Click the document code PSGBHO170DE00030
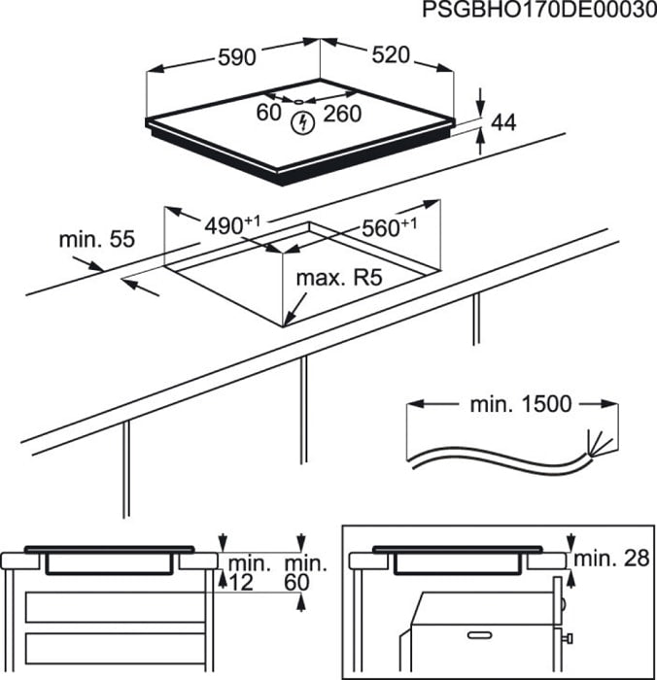534,11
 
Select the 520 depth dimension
391,56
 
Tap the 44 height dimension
503,122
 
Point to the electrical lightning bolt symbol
303,123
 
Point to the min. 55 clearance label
95,238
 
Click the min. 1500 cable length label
532,403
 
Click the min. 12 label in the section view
242,572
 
